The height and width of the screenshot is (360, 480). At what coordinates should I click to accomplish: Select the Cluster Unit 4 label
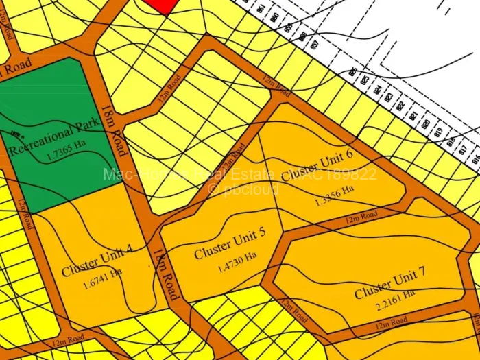pos(97,263)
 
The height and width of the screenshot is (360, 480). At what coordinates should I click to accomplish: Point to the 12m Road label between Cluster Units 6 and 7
pos(361,217)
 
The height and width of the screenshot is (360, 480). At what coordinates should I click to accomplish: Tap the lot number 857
pos(313,45)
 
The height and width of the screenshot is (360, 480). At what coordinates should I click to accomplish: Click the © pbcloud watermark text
pos(243,189)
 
